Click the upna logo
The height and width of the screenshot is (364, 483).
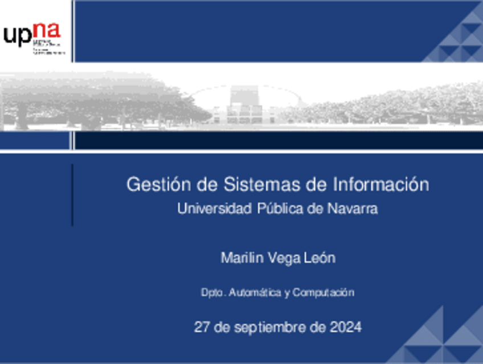click(x=33, y=37)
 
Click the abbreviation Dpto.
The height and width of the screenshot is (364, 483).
click(x=214, y=293)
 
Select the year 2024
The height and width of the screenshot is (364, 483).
click(x=345, y=327)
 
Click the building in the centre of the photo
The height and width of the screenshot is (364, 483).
click(x=245, y=106)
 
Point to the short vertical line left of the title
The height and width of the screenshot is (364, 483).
click(x=72, y=195)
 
